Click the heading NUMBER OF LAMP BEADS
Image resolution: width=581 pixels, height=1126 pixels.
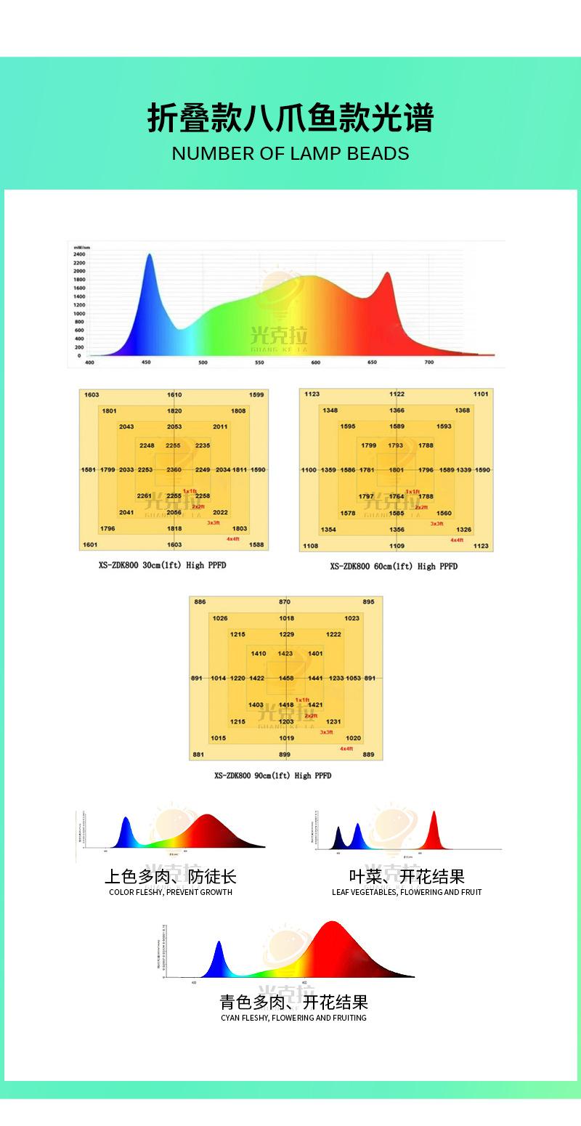pyautogui.click(x=290, y=154)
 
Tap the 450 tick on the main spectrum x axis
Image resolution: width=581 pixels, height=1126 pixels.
pyautogui.click(x=147, y=362)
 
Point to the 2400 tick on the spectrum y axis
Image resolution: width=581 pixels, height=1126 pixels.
pyautogui.click(x=79, y=255)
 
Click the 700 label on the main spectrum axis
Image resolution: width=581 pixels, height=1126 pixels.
pyautogui.click(x=428, y=362)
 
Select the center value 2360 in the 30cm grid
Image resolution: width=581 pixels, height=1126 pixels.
pyautogui.click(x=174, y=470)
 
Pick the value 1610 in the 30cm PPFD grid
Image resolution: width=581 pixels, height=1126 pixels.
pyautogui.click(x=174, y=394)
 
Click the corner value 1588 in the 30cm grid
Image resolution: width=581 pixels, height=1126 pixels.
pyautogui.click(x=256, y=545)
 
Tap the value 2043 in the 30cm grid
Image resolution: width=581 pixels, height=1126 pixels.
pyautogui.click(x=126, y=427)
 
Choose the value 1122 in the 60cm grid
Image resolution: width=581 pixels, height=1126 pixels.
pyautogui.click(x=397, y=394)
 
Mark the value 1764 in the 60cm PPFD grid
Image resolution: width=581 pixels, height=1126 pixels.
pyautogui.click(x=397, y=496)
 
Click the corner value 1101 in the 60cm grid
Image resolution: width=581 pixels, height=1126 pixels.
pyautogui.click(x=481, y=394)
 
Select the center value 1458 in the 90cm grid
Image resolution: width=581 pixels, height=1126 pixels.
pyautogui.click(x=287, y=679)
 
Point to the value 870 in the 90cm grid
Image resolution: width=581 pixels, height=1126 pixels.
pyautogui.click(x=285, y=602)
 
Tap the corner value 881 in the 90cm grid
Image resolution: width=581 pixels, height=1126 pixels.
pyautogui.click(x=198, y=755)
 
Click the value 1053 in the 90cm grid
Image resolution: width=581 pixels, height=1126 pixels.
pyautogui.click(x=354, y=679)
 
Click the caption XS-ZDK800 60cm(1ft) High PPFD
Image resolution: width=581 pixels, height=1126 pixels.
pyautogui.click(x=394, y=567)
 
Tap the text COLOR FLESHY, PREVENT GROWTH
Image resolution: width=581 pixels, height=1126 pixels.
pyautogui.click(x=171, y=892)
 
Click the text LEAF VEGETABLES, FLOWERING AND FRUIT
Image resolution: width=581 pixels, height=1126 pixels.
pyautogui.click(x=407, y=892)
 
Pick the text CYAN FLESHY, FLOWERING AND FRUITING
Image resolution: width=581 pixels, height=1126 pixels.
pyautogui.click(x=294, y=1018)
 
